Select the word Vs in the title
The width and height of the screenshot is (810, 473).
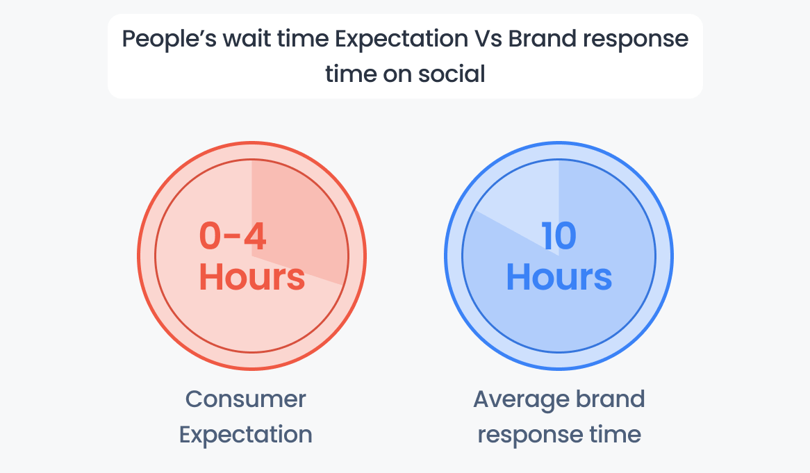click(488, 40)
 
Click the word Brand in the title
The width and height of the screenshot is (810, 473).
click(543, 39)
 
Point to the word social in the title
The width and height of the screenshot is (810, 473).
click(452, 74)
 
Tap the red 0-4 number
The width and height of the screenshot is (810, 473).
click(233, 236)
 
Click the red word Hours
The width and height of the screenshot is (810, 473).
click(251, 276)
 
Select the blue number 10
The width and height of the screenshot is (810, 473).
click(559, 236)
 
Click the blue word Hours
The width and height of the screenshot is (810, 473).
click(559, 276)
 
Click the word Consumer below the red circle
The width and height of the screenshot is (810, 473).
click(246, 399)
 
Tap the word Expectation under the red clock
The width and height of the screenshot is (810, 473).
click(246, 435)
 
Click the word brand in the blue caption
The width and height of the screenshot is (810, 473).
click(610, 399)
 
